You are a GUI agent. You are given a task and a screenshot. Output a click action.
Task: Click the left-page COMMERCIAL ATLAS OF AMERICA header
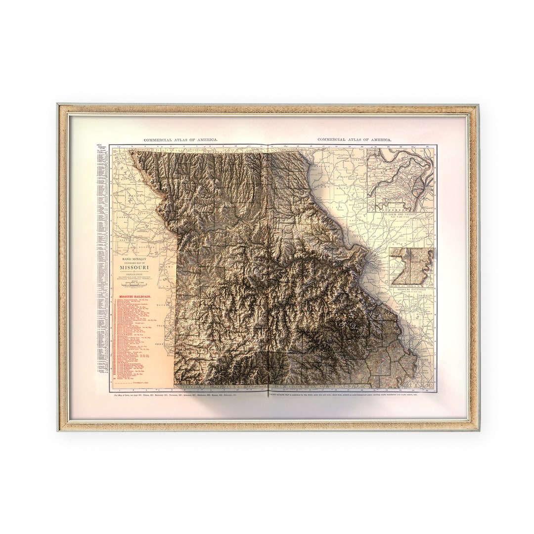[180, 140]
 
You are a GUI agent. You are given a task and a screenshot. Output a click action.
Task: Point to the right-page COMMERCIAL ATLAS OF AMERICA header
[354, 140]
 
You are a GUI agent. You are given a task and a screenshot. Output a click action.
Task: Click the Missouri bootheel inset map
[411, 267]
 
